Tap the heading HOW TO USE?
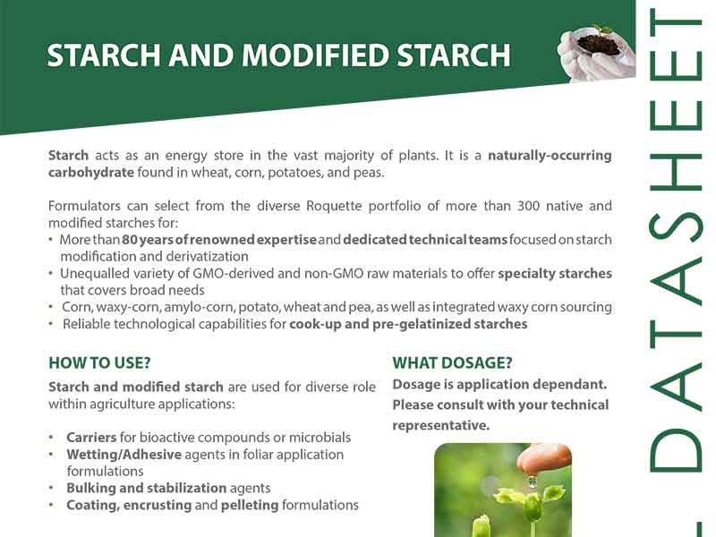pos(99,363)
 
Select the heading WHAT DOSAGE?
pos(452,363)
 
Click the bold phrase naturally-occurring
pos(550,156)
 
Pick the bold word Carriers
pos(91,438)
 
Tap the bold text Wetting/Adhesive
pos(124,455)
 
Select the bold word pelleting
pos(250,506)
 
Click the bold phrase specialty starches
pos(555,274)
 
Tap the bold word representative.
pos(441,426)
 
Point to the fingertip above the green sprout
pos(544,459)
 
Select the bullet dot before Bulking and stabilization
pos(52,488)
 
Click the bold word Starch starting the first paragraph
pos(69,155)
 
